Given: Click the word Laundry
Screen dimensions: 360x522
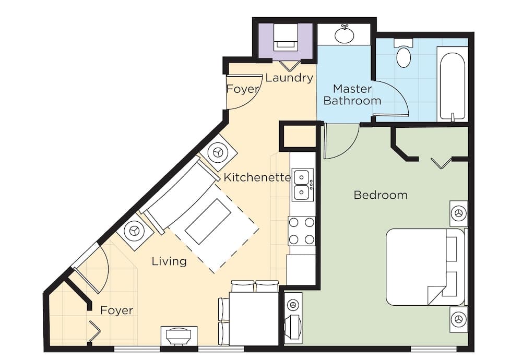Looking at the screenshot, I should click(289, 78).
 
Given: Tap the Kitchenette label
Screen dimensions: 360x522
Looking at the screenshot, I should click(257, 177).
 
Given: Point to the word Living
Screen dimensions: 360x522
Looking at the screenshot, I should click(169, 261).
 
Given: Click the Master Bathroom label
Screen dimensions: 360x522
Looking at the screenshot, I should click(352, 94).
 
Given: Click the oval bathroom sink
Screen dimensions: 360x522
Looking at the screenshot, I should click(344, 35).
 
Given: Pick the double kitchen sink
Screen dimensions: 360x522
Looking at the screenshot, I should click(302, 184).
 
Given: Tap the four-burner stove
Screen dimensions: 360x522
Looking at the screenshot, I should click(302, 231).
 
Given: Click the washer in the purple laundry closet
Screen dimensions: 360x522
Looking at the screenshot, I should click(286, 38).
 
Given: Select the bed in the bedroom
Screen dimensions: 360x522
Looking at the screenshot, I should click(425, 267).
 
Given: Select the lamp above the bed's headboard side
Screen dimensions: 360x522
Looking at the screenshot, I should click(459, 213).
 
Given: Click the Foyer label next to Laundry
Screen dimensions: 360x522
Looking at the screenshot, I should click(242, 89).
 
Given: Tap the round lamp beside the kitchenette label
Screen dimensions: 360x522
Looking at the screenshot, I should click(218, 153).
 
